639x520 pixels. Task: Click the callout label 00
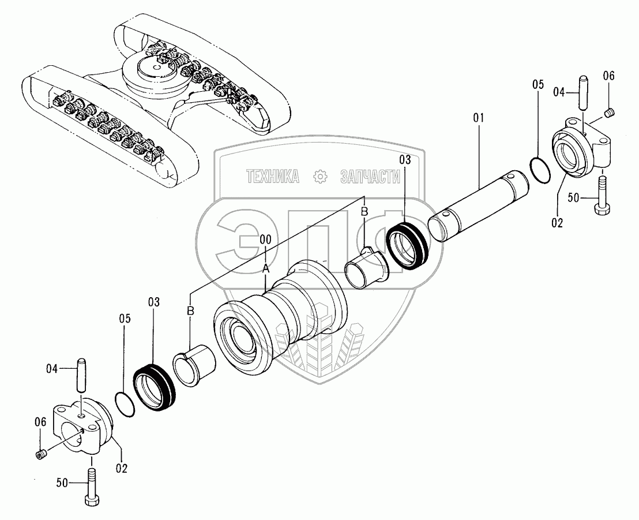coord(265,238)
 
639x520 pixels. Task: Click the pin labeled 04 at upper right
coord(582,92)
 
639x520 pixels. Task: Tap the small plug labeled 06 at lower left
coord(40,455)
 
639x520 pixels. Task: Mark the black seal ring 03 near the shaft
coord(409,246)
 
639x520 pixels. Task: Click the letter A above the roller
coord(265,268)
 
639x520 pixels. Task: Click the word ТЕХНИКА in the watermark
coord(273,177)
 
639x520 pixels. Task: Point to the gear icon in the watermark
coord(319,177)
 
